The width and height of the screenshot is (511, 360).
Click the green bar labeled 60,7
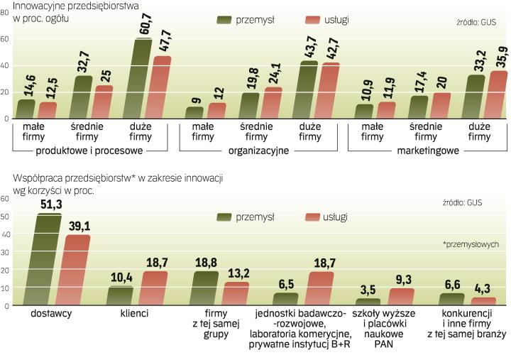click(143, 80)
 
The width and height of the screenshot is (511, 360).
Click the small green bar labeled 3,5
click(368, 302)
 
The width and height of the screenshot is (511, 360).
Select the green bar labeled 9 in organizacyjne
click(194, 112)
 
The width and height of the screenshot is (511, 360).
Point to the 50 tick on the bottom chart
click(5, 216)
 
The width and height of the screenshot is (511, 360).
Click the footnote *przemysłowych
click(471, 244)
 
